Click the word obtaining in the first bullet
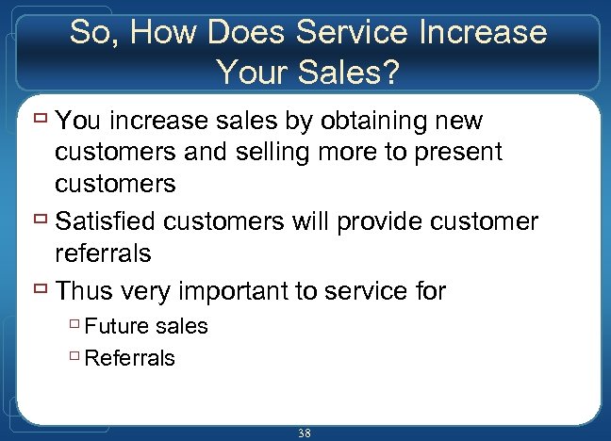[366, 122]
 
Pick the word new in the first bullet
[454, 122]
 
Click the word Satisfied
[106, 222]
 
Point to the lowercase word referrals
[103, 253]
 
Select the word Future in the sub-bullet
[117, 326]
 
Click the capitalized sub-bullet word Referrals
[130, 358]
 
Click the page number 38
[305, 433]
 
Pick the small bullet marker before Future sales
[74, 326]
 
